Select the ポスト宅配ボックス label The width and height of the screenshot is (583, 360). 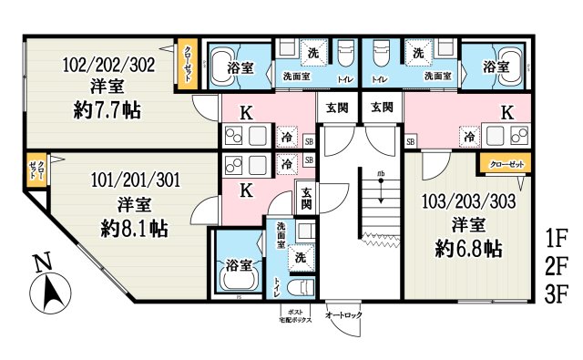(295, 317)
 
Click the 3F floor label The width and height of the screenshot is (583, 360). (556, 294)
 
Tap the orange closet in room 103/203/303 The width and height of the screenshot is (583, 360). (501, 165)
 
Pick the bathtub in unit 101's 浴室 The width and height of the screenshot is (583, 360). (239, 273)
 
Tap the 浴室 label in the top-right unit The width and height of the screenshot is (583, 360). (495, 66)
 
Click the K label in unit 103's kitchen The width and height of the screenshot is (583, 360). (507, 113)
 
